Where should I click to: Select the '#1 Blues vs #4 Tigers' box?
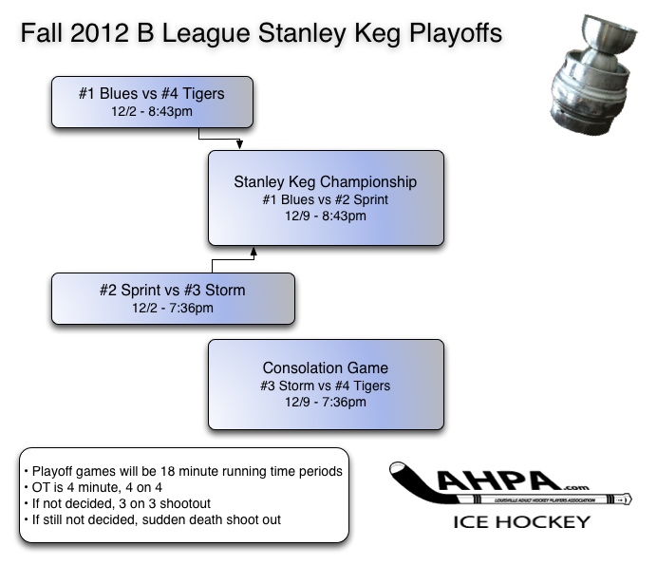pos(152,103)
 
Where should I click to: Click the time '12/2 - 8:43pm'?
pos(152,112)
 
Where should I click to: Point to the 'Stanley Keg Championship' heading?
pos(326,181)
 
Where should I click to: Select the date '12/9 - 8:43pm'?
pos(326,216)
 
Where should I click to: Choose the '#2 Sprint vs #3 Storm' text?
pos(172,291)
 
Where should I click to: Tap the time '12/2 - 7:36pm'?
pos(172,308)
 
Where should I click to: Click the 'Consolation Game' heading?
pos(326,367)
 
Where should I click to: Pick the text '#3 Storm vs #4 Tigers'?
pos(326,386)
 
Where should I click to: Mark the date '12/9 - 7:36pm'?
pos(326,402)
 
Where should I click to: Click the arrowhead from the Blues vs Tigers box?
pos(239,145)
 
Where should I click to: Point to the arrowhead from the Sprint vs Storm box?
pos(253,251)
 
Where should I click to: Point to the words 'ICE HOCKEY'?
pos(521,521)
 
